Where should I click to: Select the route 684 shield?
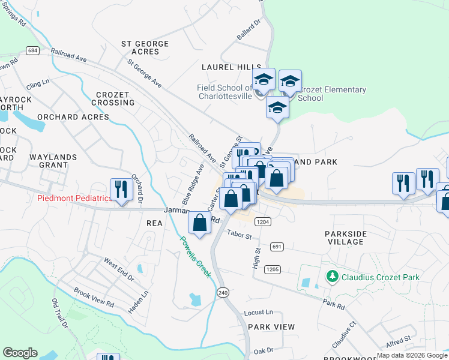[x=33, y=50]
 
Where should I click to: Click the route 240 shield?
[x=223, y=292]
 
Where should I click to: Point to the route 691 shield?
[x=277, y=247]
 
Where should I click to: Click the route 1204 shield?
[x=262, y=221]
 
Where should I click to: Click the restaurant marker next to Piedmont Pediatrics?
[x=121, y=190]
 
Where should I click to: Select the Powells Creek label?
[x=196, y=256]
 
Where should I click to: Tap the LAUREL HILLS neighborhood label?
[x=227, y=67]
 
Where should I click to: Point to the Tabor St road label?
[x=239, y=235]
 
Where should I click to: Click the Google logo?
[x=20, y=353]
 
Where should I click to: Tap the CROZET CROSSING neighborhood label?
[x=115, y=99]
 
